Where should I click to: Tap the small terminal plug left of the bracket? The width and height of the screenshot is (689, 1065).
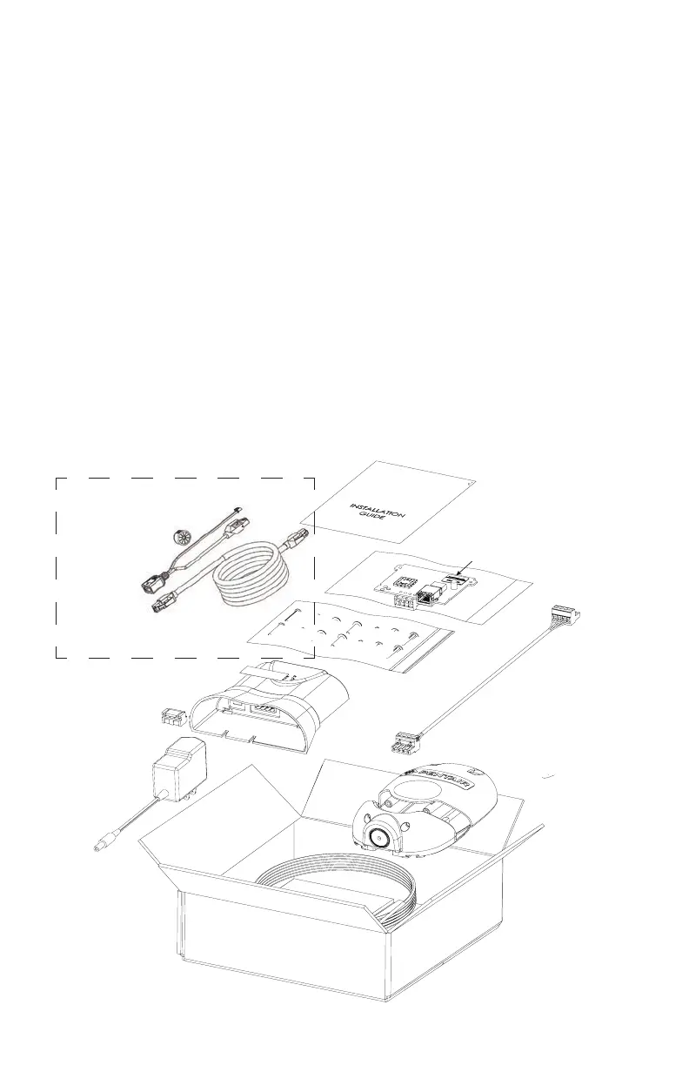tap(174, 718)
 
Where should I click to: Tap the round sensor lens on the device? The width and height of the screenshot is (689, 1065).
tap(381, 839)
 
